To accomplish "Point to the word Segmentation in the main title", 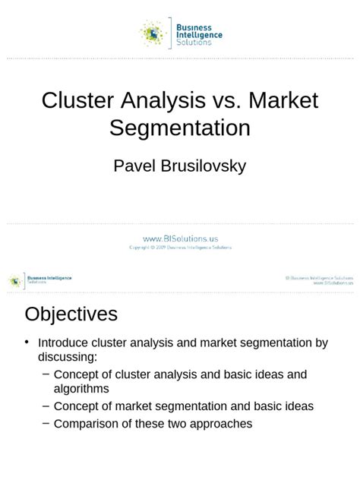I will [x=180, y=127].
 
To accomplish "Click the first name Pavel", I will [x=135, y=165].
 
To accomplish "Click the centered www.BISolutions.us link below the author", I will [x=180, y=238].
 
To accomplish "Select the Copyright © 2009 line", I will [x=180, y=248].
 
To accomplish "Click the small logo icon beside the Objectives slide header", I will [x=15, y=280].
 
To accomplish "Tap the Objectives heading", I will [x=71, y=314].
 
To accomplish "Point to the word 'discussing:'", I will [x=68, y=357].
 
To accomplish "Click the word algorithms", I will [x=81, y=389].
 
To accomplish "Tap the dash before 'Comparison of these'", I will [x=47, y=423].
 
